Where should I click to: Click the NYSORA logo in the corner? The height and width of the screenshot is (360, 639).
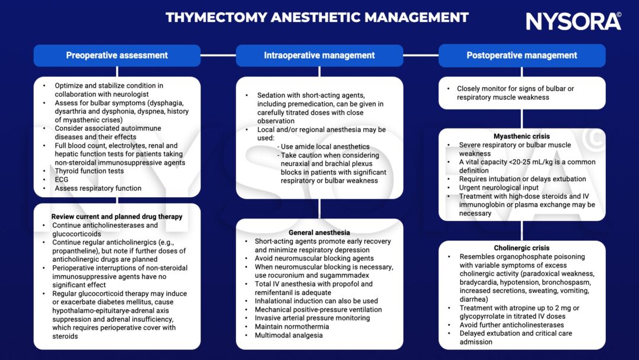(573, 21)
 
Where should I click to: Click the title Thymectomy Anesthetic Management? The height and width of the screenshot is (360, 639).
(317, 18)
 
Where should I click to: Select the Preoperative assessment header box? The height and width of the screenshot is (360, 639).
(117, 56)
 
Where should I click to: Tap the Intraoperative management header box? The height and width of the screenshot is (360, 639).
(319, 56)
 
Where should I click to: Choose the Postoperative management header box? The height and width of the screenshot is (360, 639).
(522, 56)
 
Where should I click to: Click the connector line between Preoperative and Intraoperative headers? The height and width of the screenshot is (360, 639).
(218, 55)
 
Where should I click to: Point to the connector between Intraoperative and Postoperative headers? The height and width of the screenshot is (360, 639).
(421, 55)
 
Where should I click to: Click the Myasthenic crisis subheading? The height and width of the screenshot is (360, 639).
(522, 136)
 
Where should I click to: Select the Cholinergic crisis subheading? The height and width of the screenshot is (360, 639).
(522, 248)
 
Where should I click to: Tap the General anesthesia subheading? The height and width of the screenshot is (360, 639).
(319, 232)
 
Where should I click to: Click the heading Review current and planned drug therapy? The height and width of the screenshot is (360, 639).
(117, 217)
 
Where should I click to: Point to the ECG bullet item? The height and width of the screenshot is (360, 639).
(62, 179)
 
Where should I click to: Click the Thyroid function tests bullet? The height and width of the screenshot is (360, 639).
(89, 171)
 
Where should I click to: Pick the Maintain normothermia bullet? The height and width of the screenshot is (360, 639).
(292, 327)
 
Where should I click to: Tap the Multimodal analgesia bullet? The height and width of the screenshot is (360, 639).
(289, 335)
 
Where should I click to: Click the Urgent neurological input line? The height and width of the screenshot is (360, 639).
(499, 188)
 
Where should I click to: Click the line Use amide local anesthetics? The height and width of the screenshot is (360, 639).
(324, 146)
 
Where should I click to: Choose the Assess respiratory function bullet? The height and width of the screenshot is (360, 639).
(98, 188)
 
